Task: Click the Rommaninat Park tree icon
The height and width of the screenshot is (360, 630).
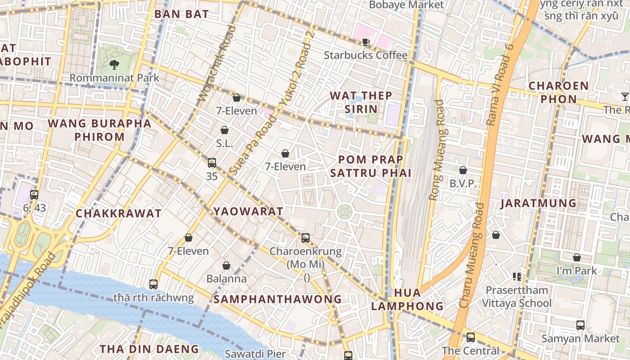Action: click(114, 65)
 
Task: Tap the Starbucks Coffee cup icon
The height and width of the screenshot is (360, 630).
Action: click(366, 42)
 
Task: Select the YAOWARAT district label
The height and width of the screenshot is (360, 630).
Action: click(248, 211)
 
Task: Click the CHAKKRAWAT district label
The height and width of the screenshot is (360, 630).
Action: click(118, 213)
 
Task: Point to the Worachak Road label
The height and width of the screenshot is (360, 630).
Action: click(217, 63)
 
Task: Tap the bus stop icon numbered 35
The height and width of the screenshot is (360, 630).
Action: click(211, 163)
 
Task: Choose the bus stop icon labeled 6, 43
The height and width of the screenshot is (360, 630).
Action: click(34, 195)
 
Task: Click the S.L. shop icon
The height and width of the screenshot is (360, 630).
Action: click(225, 130)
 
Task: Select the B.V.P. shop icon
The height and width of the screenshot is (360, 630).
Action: click(463, 170)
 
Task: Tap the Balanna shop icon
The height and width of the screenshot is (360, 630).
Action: click(226, 266)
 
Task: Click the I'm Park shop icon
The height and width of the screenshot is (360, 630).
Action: click(576, 258)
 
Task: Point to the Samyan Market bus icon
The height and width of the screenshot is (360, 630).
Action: click(580, 325)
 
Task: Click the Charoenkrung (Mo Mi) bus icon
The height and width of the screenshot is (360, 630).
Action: click(306, 238)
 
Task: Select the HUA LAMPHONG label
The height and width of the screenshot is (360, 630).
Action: click(407, 299)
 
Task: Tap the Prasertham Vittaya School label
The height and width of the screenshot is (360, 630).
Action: click(517, 297)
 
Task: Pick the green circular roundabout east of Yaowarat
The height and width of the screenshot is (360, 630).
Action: click(345, 211)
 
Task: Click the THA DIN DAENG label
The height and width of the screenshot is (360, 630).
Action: click(149, 349)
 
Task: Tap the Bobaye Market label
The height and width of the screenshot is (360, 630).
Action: click(406, 5)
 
